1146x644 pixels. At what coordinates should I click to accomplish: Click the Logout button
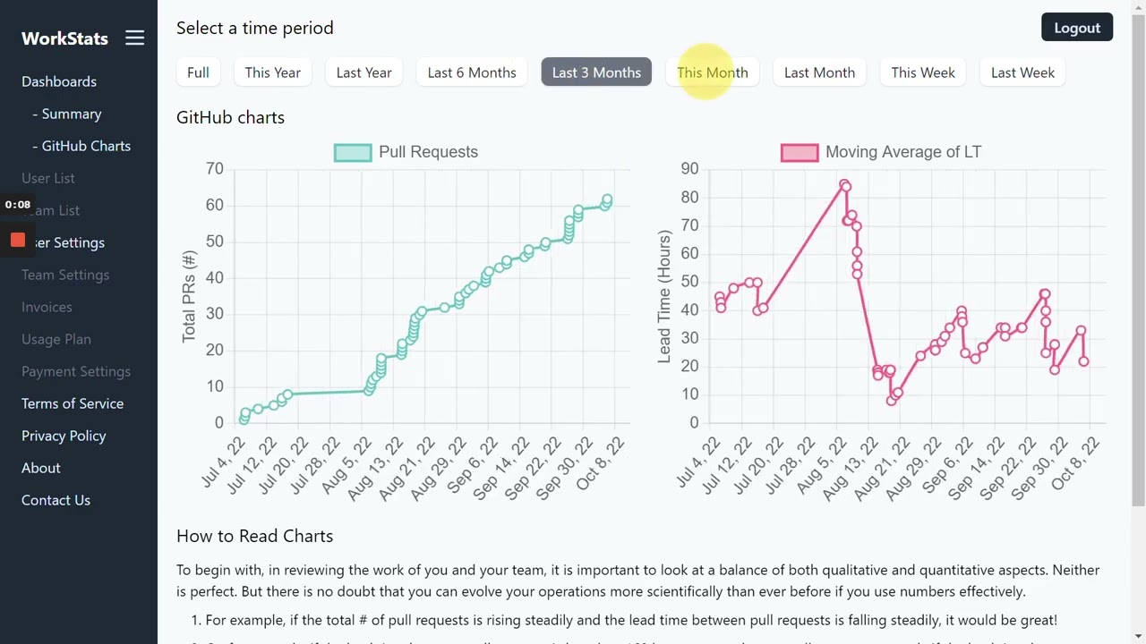(1076, 28)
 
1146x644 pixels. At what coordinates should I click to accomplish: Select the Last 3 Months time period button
(596, 72)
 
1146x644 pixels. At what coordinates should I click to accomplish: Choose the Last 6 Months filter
(472, 72)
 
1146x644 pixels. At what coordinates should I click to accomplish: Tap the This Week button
(922, 72)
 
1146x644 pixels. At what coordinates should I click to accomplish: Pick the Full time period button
(198, 72)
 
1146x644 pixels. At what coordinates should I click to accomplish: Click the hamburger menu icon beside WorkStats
(134, 38)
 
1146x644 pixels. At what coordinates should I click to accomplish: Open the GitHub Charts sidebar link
(86, 146)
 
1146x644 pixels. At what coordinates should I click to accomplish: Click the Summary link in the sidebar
(71, 114)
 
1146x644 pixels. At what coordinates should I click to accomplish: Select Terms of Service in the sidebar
(73, 403)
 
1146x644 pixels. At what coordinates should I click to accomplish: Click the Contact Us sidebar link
(56, 500)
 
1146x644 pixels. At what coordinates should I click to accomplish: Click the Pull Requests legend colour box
(352, 152)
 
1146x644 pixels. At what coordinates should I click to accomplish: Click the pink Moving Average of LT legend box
(799, 152)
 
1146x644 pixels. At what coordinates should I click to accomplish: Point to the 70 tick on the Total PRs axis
(214, 168)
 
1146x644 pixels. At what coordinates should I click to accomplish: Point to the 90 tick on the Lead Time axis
(689, 168)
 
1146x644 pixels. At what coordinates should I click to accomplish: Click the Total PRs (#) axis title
(189, 296)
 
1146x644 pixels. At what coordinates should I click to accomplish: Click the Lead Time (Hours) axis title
(664, 296)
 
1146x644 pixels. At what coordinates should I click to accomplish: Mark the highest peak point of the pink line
(843, 184)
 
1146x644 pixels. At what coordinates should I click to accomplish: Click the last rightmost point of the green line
(607, 200)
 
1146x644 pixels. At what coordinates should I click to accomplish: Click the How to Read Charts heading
(254, 536)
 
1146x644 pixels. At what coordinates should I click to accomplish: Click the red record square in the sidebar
(18, 240)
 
